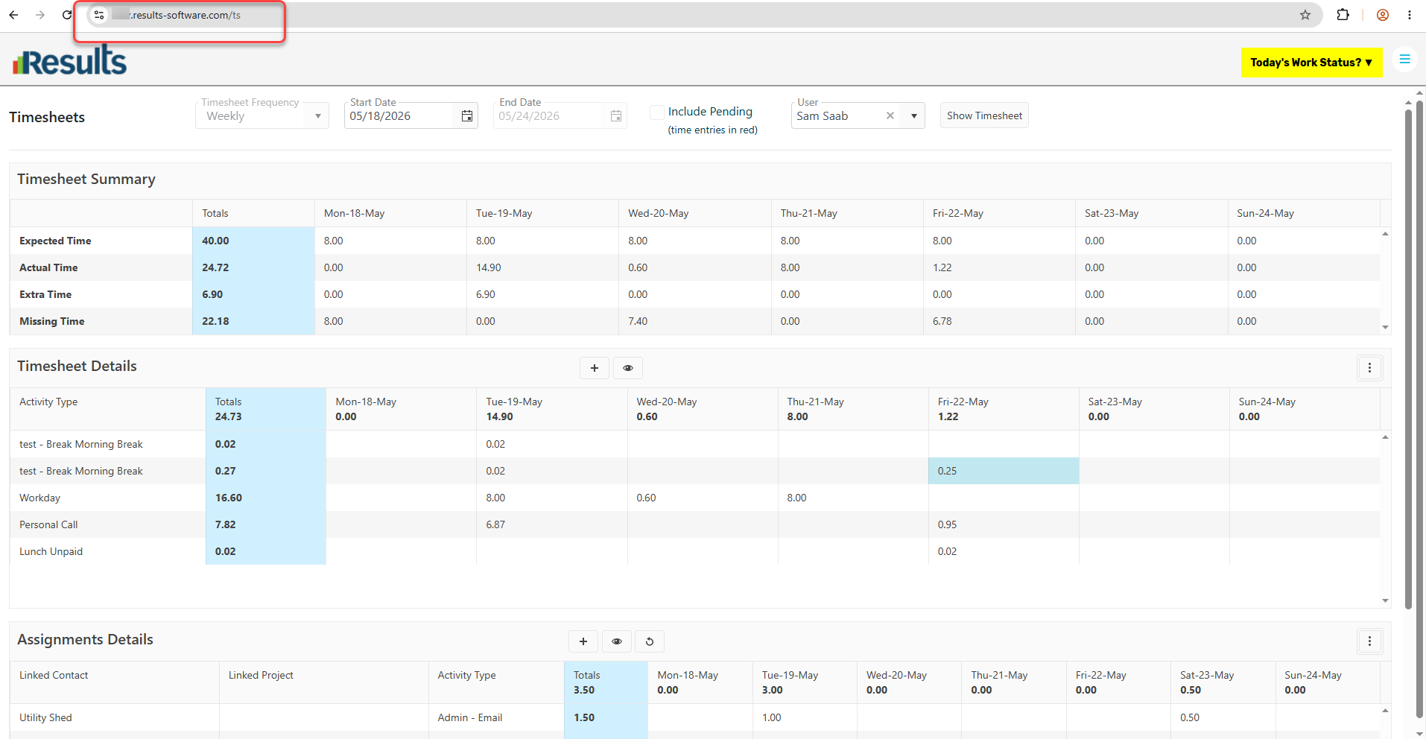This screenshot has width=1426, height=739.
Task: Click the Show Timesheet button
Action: pyautogui.click(x=984, y=115)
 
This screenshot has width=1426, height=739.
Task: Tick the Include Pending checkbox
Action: pyautogui.click(x=657, y=112)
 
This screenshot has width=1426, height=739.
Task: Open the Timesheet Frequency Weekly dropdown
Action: pyautogui.click(x=262, y=116)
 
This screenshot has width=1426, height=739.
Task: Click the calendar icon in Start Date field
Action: pyautogui.click(x=467, y=116)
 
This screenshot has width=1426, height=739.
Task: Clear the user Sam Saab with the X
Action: pyautogui.click(x=890, y=115)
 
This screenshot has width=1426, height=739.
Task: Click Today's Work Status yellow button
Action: pyautogui.click(x=1311, y=63)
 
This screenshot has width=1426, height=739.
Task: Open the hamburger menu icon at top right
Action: pyautogui.click(x=1404, y=59)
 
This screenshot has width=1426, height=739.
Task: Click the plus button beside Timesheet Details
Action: pyautogui.click(x=595, y=368)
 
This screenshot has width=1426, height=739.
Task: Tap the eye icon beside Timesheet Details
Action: pyautogui.click(x=628, y=368)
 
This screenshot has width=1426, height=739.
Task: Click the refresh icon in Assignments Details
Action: pyautogui.click(x=650, y=641)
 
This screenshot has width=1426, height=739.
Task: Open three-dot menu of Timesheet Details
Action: pyautogui.click(x=1369, y=368)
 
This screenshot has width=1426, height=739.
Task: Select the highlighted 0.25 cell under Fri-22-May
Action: pyautogui.click(x=1004, y=471)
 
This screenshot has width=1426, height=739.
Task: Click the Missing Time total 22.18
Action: pyautogui.click(x=215, y=321)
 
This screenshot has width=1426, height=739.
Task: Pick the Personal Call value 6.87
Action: pyautogui.click(x=495, y=524)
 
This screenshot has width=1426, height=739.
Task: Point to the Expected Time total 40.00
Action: pyautogui.click(x=215, y=241)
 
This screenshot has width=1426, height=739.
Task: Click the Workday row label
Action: pyautogui.click(x=39, y=498)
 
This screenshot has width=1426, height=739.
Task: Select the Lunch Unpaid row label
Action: pyautogui.click(x=51, y=551)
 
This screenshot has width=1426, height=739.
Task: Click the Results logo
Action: pyautogui.click(x=70, y=60)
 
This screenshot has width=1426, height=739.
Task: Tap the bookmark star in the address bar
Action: pyautogui.click(x=1305, y=15)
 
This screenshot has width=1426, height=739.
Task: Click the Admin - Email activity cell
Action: pyautogui.click(x=470, y=717)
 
